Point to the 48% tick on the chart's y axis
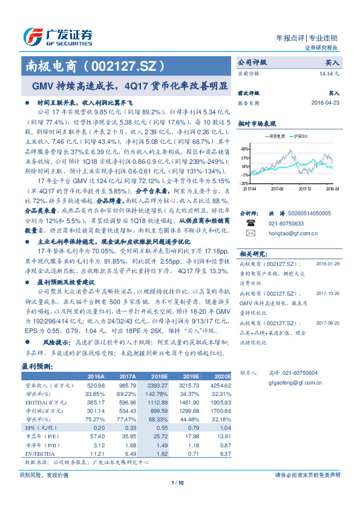244,149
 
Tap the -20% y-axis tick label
243,183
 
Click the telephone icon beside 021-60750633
250,222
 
